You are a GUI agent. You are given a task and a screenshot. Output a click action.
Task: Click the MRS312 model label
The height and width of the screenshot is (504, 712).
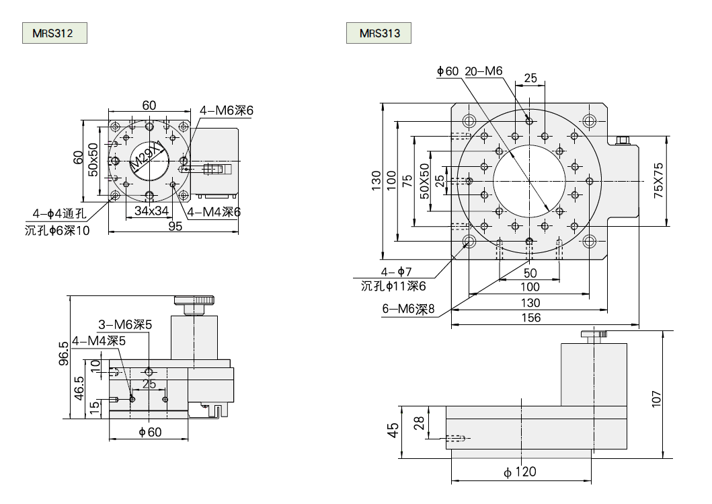[53, 33]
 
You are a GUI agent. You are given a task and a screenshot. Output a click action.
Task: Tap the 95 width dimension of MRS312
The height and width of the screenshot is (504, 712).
[175, 227]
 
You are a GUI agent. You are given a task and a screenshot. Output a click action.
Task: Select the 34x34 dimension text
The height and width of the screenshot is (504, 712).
[151, 211]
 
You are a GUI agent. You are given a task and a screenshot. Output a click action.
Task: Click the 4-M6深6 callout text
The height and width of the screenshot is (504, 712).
[226, 110]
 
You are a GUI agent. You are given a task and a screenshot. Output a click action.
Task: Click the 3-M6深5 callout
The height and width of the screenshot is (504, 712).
[125, 324]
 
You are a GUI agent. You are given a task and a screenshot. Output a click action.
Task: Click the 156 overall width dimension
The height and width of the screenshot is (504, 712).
[530, 318]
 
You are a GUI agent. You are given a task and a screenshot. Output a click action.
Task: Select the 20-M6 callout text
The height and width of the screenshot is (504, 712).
[483, 71]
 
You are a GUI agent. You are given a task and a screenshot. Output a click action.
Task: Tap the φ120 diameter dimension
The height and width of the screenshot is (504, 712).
[520, 472]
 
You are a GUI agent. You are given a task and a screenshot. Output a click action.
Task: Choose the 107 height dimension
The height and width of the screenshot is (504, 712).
[657, 398]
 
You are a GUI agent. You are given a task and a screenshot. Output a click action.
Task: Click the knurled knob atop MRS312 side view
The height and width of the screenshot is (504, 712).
[194, 300]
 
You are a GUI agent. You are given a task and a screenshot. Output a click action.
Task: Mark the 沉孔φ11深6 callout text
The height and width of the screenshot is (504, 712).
[393, 286]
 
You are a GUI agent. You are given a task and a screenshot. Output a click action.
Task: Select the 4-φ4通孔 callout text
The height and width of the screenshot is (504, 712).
[60, 215]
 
